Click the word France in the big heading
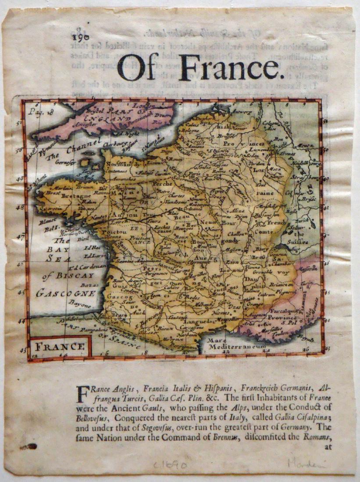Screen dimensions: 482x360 (228, 68)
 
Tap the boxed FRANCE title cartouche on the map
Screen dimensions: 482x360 (60, 346)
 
